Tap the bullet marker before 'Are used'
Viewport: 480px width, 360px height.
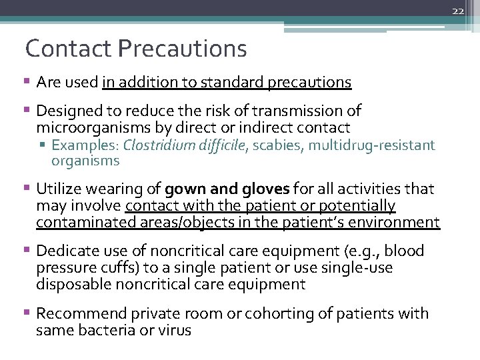tap(28, 82)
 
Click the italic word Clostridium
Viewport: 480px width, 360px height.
tap(157, 145)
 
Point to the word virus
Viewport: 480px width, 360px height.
tap(175, 330)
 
